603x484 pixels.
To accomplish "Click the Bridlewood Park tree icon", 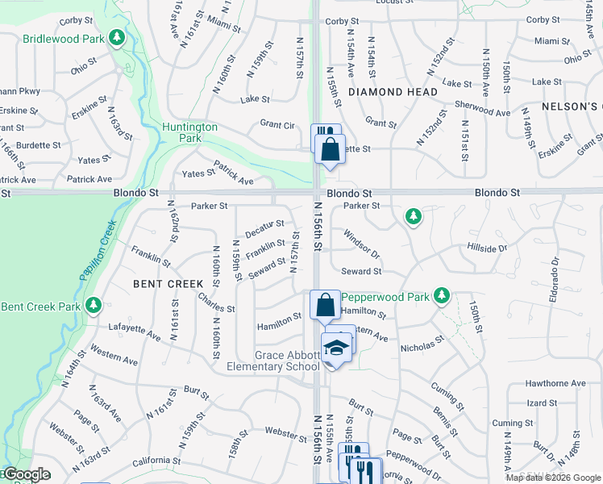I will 118,37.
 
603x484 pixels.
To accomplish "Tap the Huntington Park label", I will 189,132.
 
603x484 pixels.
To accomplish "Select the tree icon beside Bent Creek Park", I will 94,305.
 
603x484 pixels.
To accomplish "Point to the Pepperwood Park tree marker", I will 441,295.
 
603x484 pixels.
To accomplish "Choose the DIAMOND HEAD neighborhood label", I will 393,92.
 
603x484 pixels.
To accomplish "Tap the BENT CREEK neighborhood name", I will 168,284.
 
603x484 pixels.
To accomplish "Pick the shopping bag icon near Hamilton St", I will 325,305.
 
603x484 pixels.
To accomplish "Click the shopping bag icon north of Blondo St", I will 329,149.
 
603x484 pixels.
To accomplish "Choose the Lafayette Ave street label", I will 135,330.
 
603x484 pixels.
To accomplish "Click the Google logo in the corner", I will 27,475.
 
